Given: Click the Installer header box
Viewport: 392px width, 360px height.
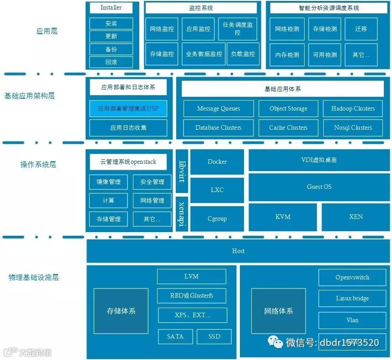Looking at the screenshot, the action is tap(111, 8).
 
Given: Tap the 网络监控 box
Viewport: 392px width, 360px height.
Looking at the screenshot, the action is tap(162, 29).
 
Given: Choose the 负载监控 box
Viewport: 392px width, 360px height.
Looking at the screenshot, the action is tap(243, 54).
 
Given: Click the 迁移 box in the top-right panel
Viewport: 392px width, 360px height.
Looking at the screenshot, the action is tap(361, 29).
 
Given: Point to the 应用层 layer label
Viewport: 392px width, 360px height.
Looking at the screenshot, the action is tap(47, 31).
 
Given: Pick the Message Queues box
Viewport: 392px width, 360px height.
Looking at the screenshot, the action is tap(219, 108).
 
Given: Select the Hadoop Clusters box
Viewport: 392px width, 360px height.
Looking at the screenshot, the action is tap(353, 108).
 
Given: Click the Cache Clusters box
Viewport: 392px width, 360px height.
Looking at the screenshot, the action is tap(288, 127).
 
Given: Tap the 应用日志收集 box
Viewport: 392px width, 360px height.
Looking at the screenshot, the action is tap(128, 128).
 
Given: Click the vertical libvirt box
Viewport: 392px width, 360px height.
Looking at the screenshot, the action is tap(182, 171).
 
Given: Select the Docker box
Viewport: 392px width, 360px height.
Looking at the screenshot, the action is tap(217, 162).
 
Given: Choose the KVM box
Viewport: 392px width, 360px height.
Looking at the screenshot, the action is tap(283, 217).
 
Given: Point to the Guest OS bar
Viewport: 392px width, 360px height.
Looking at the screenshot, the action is tap(319, 187).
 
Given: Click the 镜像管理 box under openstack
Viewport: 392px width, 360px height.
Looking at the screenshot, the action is tap(109, 182).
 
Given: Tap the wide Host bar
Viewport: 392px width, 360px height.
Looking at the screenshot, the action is tap(238, 251).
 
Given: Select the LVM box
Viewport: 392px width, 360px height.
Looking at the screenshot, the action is tap(192, 276).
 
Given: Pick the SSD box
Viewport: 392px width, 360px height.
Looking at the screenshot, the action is tap(214, 336).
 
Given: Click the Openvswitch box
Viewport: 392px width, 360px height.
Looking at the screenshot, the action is tap(352, 277).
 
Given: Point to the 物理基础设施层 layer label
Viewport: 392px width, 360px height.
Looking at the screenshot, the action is tap(34, 277).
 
